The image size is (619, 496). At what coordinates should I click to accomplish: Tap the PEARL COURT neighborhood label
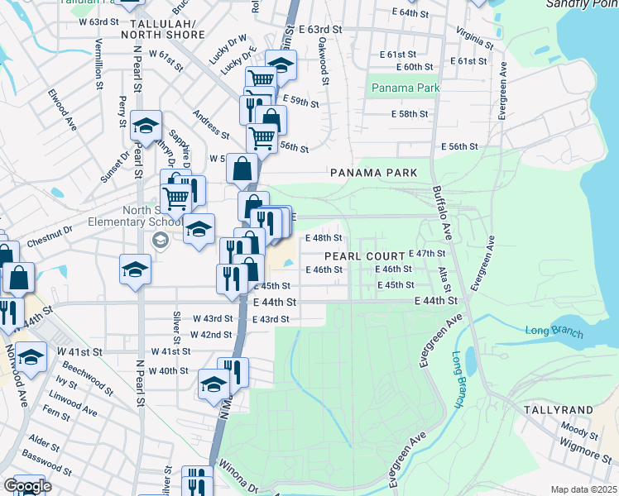coord(364,256)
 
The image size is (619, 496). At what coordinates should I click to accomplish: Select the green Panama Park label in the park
coord(405,88)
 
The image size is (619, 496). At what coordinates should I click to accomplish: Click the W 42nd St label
coord(211,335)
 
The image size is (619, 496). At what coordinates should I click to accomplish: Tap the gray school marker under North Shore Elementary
coord(160,241)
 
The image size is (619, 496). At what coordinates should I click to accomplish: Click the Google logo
coord(26,486)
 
